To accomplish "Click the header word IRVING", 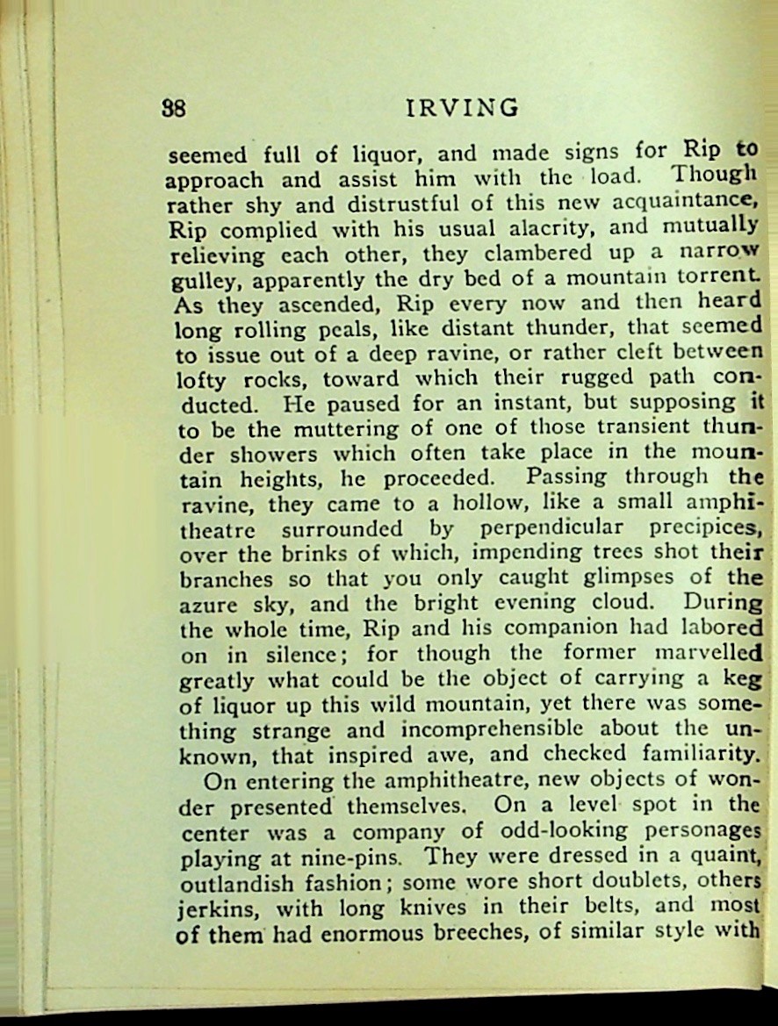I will pyautogui.click(x=463, y=108).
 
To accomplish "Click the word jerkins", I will pyautogui.click(x=210, y=906).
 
